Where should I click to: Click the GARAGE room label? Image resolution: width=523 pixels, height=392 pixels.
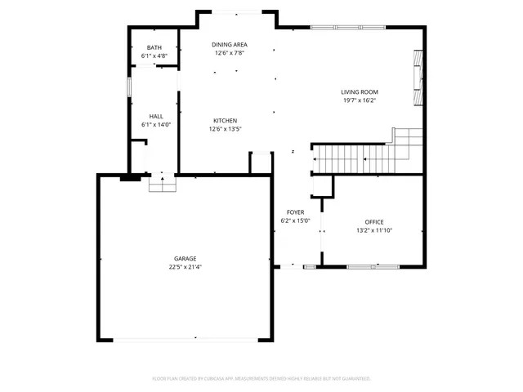(184, 258)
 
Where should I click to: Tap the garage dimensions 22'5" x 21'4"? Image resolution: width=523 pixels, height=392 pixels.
(184, 267)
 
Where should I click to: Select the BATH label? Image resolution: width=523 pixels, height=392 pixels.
(154, 48)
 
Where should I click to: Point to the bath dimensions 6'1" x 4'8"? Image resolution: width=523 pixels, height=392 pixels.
(154, 57)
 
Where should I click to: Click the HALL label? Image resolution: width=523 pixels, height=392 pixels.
(155, 116)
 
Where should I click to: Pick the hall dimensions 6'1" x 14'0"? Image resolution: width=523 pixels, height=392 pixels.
(155, 125)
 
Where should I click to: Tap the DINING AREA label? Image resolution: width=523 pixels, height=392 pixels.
(230, 44)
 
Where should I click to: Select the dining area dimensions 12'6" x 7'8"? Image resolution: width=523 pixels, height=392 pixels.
(230, 53)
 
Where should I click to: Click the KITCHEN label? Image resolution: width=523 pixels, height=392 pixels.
(226, 120)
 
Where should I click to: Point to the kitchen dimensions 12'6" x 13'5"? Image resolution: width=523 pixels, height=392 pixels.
(226, 129)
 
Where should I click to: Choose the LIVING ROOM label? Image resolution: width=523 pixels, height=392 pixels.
(360, 91)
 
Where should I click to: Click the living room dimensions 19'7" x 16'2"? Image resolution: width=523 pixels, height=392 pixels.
(360, 100)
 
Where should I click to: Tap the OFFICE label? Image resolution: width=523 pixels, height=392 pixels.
(374, 221)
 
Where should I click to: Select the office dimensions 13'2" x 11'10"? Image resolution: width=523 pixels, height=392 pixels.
(374, 230)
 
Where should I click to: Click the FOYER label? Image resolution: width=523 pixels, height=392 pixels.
(295, 212)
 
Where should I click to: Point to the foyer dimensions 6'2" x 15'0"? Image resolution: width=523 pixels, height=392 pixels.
(295, 220)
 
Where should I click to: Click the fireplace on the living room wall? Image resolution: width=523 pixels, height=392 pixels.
(418, 78)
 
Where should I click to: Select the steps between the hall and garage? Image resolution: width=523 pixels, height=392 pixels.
(162, 186)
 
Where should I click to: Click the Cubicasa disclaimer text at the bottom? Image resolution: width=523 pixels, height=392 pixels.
(261, 378)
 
